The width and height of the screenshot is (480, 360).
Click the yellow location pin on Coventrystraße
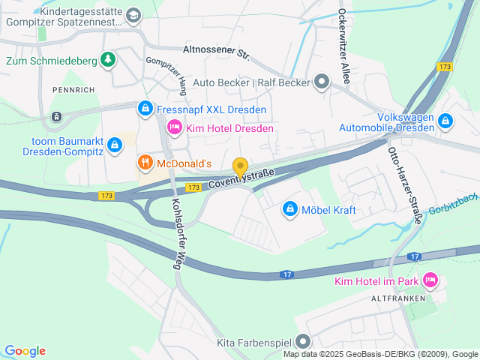pos(240,167)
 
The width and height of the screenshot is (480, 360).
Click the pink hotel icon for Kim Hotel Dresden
pos(174,128)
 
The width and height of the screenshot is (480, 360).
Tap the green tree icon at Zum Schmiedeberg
pos(109,58)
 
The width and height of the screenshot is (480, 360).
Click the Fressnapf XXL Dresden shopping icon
pos(145,109)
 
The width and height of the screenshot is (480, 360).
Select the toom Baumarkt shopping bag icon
pos(114,143)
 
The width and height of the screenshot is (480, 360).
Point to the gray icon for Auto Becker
pos(322,82)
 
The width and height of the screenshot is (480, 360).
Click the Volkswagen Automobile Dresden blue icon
pos(445,120)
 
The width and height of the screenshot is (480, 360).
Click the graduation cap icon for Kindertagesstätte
pos(133,15)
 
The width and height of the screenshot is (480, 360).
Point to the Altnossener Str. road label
pos(215,53)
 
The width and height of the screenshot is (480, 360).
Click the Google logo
pos(25,351)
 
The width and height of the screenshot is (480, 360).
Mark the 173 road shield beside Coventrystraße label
pos(193,187)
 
